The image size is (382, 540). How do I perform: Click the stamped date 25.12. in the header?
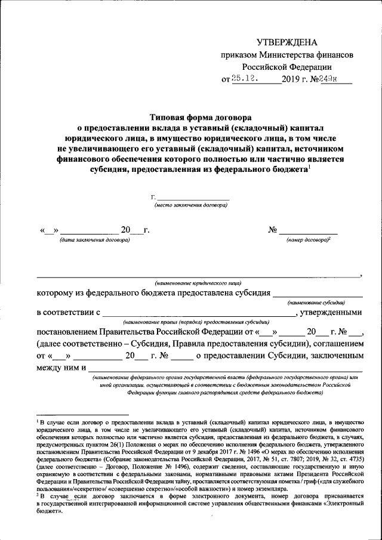[245, 78]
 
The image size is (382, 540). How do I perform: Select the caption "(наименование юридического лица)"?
[198, 282]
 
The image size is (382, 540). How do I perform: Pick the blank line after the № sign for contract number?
[309, 231]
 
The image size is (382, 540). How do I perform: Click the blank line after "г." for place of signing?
[193, 198]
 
